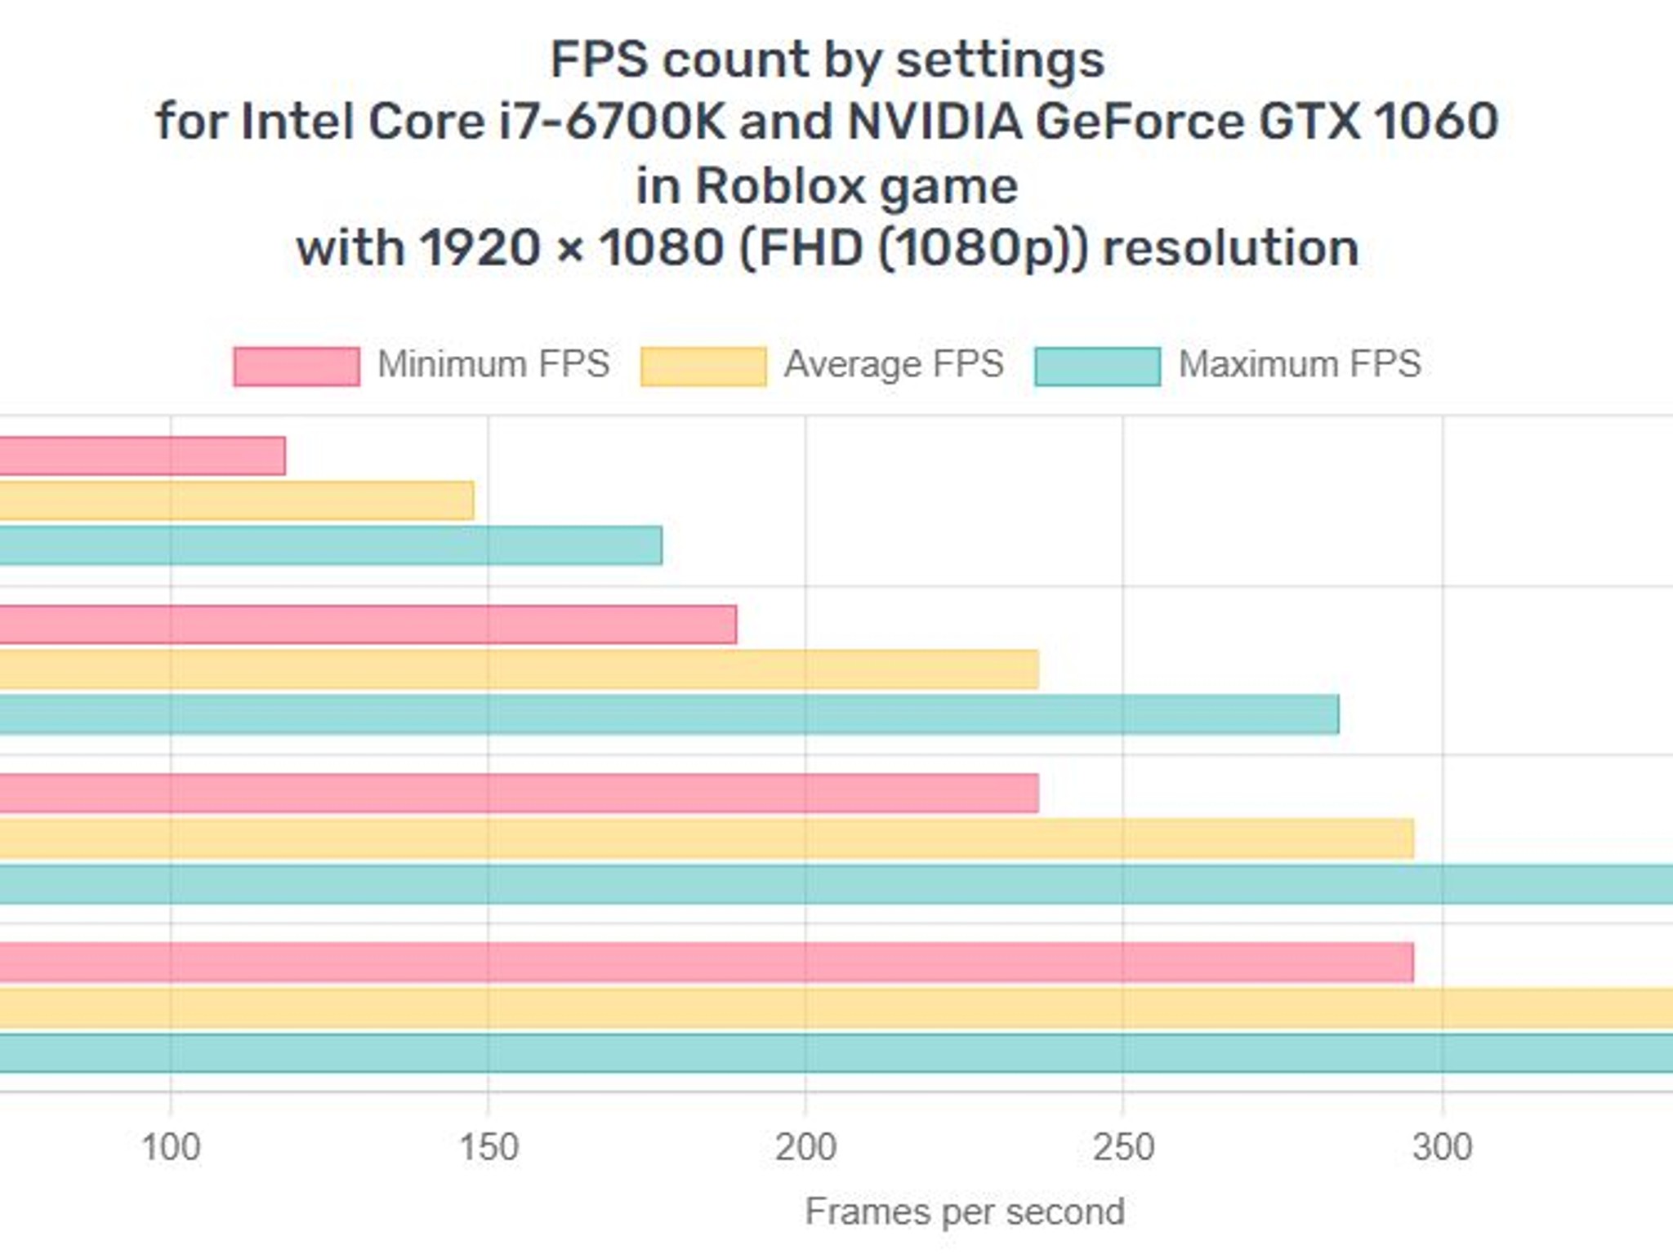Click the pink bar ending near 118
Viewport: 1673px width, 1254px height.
(143, 456)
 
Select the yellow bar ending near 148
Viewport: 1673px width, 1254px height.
(237, 500)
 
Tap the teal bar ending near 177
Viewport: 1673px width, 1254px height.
(331, 545)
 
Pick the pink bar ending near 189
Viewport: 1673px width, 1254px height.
(368, 625)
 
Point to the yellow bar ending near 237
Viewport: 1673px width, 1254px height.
(520, 669)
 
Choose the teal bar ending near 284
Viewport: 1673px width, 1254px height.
(670, 714)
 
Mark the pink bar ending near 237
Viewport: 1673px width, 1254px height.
(520, 794)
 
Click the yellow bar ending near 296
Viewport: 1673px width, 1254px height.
(707, 838)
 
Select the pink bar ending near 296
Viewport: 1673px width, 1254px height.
(707, 963)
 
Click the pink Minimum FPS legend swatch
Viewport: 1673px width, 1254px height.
(297, 366)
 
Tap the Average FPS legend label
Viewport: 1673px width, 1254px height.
(894, 364)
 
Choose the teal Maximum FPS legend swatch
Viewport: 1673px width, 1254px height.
(1097, 366)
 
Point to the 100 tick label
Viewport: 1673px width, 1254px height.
(171, 1147)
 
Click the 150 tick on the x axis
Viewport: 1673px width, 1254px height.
(489, 1147)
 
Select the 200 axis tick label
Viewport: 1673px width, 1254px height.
(805, 1147)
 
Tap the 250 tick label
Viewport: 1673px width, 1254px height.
(1123, 1147)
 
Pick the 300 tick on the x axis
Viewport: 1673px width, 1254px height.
(1442, 1147)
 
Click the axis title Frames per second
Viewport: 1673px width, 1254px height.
(965, 1212)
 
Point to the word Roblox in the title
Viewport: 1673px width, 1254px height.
(781, 186)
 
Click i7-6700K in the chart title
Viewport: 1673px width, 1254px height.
(612, 122)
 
